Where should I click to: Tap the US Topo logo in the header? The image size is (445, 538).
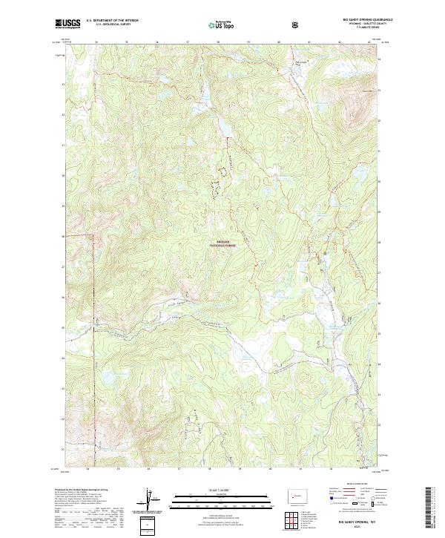[x=222, y=24]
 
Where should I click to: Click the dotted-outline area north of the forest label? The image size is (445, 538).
[x=220, y=179]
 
